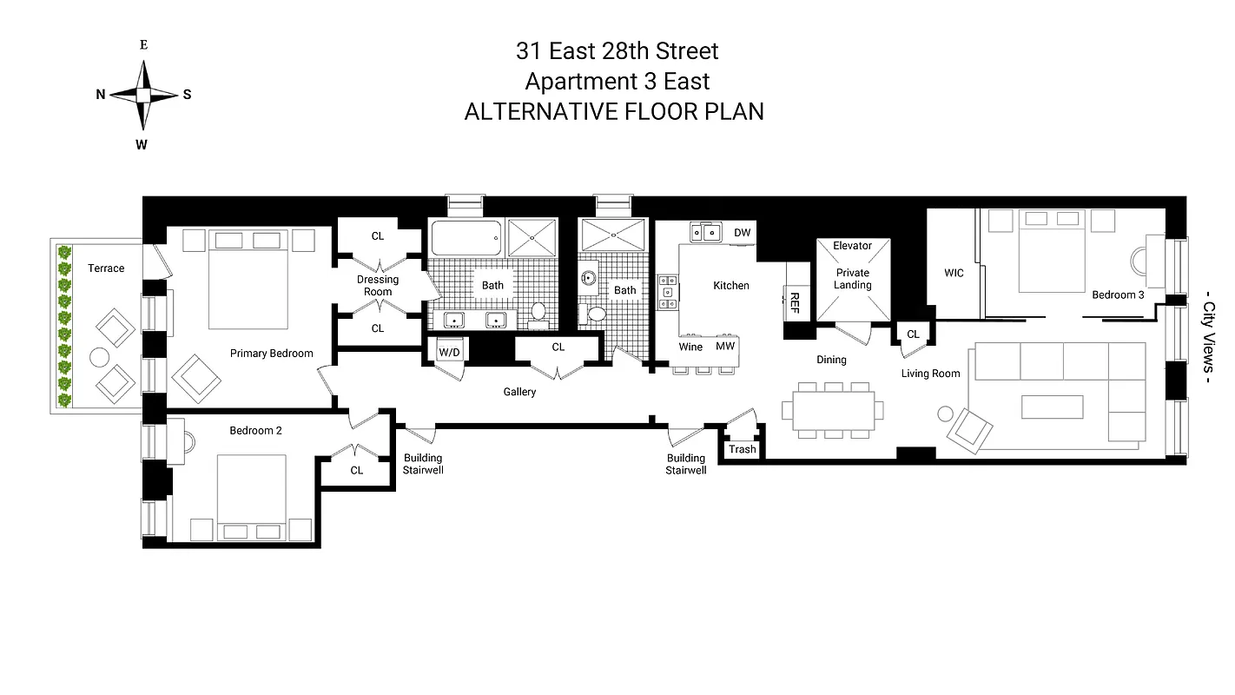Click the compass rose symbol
click(x=144, y=94)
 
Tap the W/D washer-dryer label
click(x=449, y=352)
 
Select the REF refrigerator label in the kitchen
click(x=794, y=302)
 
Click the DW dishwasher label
click(x=742, y=233)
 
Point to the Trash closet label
click(x=742, y=449)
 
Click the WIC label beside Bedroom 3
click(x=954, y=273)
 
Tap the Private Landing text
click(x=852, y=279)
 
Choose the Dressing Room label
click(x=378, y=286)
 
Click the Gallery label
click(x=519, y=392)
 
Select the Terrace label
click(x=106, y=268)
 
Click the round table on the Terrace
click(x=100, y=357)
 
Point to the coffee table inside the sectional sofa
click(x=1052, y=407)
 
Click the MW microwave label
click(x=725, y=347)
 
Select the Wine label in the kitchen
click(x=690, y=347)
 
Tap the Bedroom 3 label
click(x=1118, y=295)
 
